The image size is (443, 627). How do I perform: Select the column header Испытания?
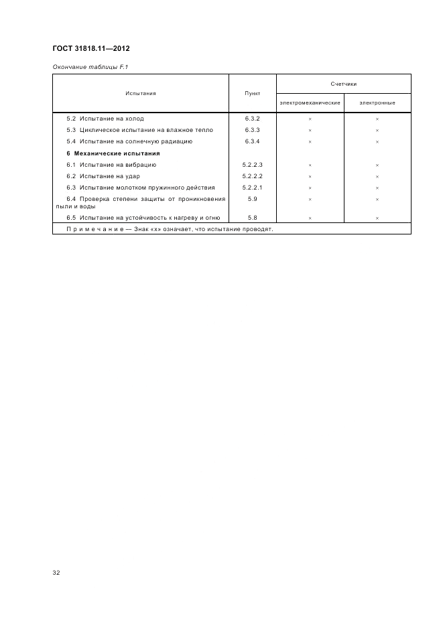pos(140,93)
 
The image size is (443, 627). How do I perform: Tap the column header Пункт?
pos(252,93)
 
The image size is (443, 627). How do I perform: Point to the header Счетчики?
pos(343,84)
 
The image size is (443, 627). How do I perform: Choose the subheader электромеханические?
pos(310,103)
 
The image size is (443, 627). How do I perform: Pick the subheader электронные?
pos(377,103)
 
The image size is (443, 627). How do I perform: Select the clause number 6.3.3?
pos(252,130)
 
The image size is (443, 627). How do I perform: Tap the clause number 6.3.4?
pos(252,141)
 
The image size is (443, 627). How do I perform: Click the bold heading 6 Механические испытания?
pos(113,153)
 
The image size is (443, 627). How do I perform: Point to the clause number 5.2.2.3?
pos(252,165)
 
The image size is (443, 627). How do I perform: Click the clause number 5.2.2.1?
pos(252,188)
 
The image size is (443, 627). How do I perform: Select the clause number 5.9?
pos(252,199)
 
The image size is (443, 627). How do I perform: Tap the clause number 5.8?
pos(252,217)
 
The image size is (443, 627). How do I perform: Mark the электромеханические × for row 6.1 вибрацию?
pos(310,165)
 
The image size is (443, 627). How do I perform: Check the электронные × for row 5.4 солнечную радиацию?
pos(377,142)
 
